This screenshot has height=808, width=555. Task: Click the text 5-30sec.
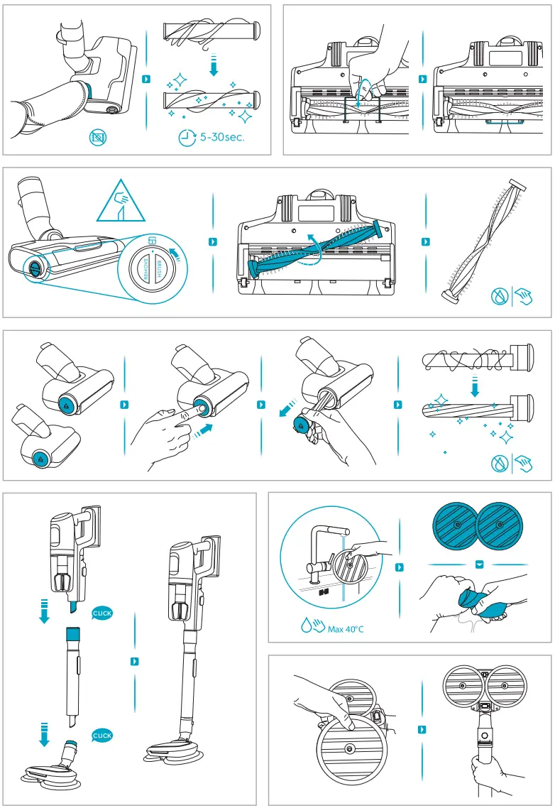click(222, 137)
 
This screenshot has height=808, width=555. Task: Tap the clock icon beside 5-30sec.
click(187, 138)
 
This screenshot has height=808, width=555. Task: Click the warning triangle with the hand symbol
click(120, 202)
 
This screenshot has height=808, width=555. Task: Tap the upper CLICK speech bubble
click(102, 613)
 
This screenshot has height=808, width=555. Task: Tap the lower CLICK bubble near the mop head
click(102, 736)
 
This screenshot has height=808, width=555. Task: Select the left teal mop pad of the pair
click(455, 527)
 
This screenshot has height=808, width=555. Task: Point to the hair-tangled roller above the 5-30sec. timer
click(209, 33)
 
